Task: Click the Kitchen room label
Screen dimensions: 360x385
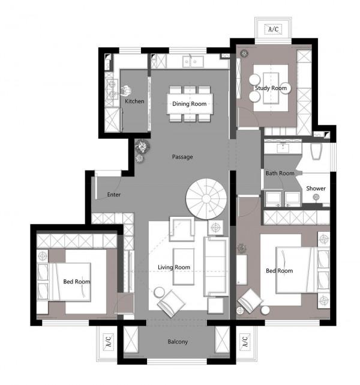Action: pos(134,101)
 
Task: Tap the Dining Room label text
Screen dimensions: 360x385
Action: pos(190,104)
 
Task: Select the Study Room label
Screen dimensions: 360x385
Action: pos(271,88)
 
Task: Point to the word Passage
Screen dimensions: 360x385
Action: pos(182,157)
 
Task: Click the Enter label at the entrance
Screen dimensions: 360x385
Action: pos(114,195)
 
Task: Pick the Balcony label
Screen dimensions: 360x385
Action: pos(178,342)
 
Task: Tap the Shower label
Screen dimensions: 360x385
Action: pos(316,189)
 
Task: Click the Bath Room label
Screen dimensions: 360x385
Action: pos(280,174)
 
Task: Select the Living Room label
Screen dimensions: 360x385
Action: pos(174,267)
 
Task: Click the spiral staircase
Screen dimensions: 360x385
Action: pos(206,199)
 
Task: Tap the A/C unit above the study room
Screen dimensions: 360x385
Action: pos(274,29)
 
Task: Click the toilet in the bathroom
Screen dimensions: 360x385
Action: pos(316,151)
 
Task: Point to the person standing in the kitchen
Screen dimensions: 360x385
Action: pos(126,91)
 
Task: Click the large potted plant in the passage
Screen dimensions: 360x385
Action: pos(142,146)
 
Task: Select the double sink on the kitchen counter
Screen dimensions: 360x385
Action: pos(193,62)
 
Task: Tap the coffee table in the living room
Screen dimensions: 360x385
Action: pos(184,267)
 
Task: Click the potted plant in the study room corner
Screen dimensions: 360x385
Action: pos(244,53)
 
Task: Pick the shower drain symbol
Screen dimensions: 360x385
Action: pos(316,196)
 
